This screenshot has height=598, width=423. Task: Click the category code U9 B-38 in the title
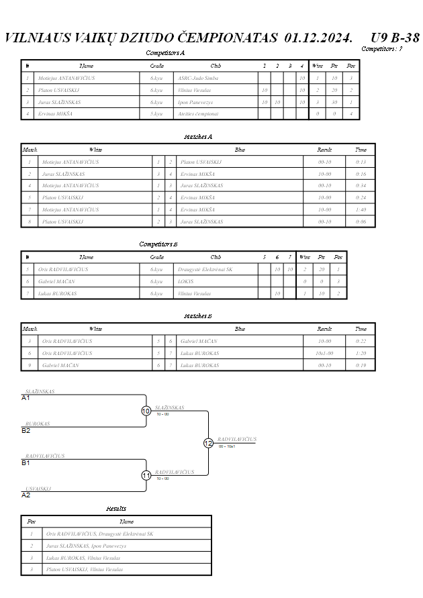point(395,37)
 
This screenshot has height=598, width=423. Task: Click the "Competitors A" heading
point(165,52)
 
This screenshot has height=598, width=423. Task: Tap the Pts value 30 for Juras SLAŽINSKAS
point(333,102)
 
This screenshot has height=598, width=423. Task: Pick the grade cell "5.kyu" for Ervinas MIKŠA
point(156,114)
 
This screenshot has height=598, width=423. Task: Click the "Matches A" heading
point(198,136)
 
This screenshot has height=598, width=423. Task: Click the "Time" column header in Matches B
point(361,329)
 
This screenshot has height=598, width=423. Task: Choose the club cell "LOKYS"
point(186,281)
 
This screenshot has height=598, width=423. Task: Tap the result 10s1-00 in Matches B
point(324,353)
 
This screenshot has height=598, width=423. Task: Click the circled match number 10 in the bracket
point(146,411)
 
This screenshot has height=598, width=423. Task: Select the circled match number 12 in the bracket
point(208,443)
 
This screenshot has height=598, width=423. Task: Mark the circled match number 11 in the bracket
point(146,475)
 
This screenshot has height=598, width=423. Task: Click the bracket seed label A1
point(26,398)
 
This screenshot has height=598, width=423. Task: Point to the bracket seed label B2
point(26,430)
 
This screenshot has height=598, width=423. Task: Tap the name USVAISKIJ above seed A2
point(38,489)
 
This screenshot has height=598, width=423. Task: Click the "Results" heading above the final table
point(116,509)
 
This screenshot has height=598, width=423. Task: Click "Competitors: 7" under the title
point(381,49)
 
